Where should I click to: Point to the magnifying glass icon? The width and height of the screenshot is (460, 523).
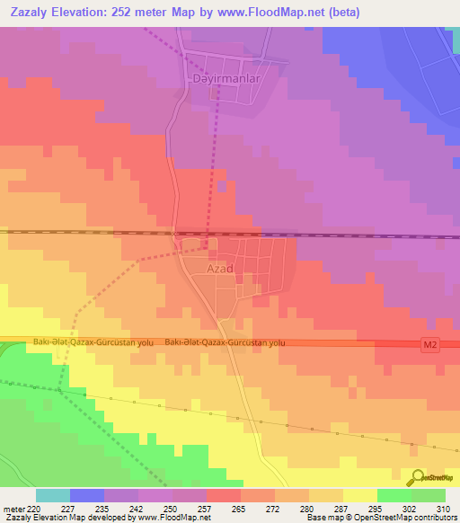419,477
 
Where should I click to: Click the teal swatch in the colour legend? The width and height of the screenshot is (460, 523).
53,495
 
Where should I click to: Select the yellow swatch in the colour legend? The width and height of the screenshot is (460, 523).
359,495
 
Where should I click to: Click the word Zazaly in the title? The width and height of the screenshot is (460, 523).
31,12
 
